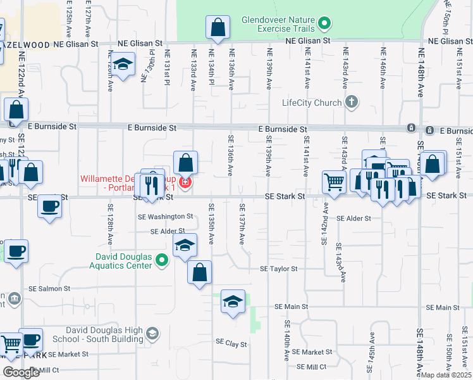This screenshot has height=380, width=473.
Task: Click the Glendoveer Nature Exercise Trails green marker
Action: (x=324, y=25)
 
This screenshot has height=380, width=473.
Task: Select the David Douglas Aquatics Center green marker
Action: (x=163, y=260)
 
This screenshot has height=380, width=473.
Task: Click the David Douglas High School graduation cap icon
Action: (x=152, y=333)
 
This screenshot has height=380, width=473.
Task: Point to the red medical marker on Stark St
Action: (x=185, y=184)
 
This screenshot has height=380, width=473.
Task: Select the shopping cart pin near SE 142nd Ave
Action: (x=334, y=182)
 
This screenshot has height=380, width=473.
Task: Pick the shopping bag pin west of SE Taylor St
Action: (x=200, y=272)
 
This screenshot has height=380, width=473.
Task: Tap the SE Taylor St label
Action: (x=278, y=269)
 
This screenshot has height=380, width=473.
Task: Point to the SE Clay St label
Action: (x=231, y=343)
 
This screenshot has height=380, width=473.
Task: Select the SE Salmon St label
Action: (x=49, y=289)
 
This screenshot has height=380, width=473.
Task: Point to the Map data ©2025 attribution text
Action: (x=446, y=375)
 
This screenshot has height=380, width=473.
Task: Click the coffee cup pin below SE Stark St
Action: (x=49, y=206)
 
